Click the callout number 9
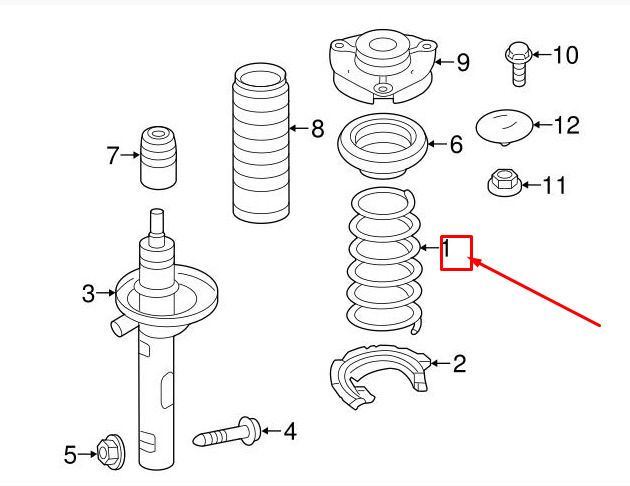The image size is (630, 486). pyautogui.click(x=463, y=62)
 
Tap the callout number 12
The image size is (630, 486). pyautogui.click(x=567, y=125)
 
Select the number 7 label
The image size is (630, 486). pyautogui.click(x=112, y=155)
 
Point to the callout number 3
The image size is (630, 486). pyautogui.click(x=88, y=294)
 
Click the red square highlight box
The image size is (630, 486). pyautogui.click(x=456, y=253)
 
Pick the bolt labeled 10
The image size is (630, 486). pyautogui.click(x=519, y=63)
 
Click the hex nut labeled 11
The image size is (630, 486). pyautogui.click(x=505, y=182)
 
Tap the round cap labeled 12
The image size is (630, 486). pyautogui.click(x=505, y=127)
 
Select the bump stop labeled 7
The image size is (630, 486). pyautogui.click(x=158, y=157)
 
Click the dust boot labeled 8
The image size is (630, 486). pyautogui.click(x=261, y=143)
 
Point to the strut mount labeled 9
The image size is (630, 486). pyautogui.click(x=383, y=66)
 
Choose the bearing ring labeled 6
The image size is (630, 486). pyautogui.click(x=382, y=146)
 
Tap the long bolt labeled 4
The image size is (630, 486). pyautogui.click(x=227, y=433)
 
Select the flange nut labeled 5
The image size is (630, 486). pyautogui.click(x=110, y=453)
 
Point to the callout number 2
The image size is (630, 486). pyautogui.click(x=460, y=363)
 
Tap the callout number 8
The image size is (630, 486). pyautogui.click(x=317, y=129)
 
